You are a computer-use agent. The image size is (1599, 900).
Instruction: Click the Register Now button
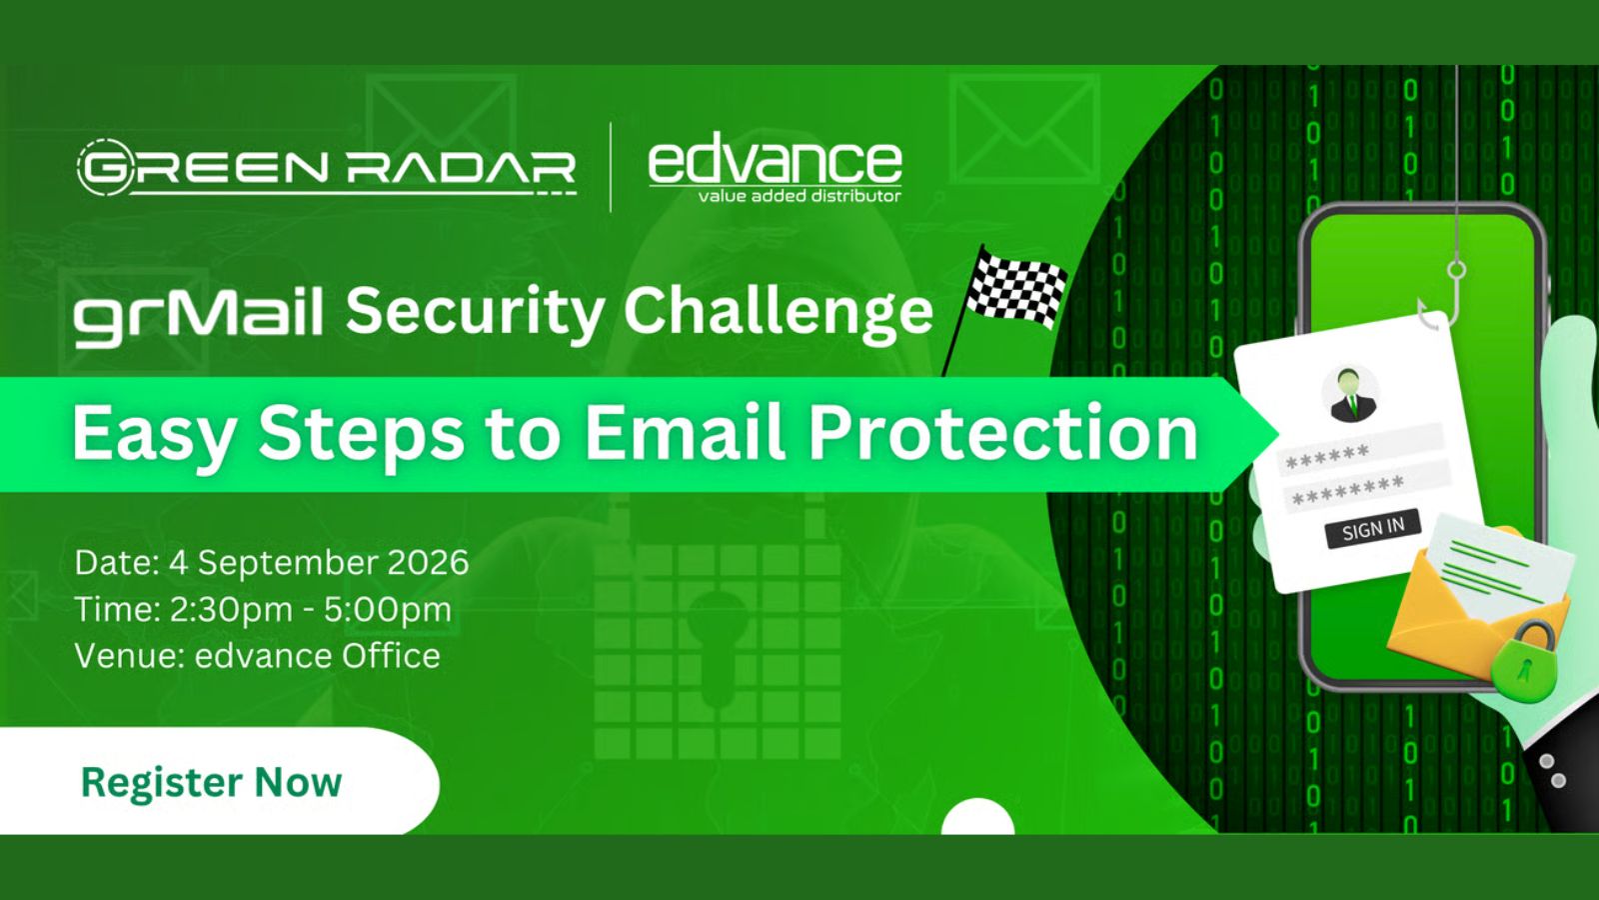click(214, 781)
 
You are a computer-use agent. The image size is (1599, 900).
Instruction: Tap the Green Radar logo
click(326, 167)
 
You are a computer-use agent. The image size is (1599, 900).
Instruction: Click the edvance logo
click(775, 169)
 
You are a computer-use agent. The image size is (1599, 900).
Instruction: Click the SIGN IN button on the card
click(1372, 529)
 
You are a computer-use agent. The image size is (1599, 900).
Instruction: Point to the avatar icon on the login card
click(1348, 394)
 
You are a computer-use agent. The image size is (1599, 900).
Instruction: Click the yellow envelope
click(1478, 599)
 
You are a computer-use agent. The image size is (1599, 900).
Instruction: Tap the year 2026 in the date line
click(429, 562)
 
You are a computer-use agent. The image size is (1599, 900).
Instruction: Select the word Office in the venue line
click(391, 656)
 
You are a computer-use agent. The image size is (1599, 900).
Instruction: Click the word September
click(288, 564)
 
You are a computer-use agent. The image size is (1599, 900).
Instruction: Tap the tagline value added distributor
click(799, 195)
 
